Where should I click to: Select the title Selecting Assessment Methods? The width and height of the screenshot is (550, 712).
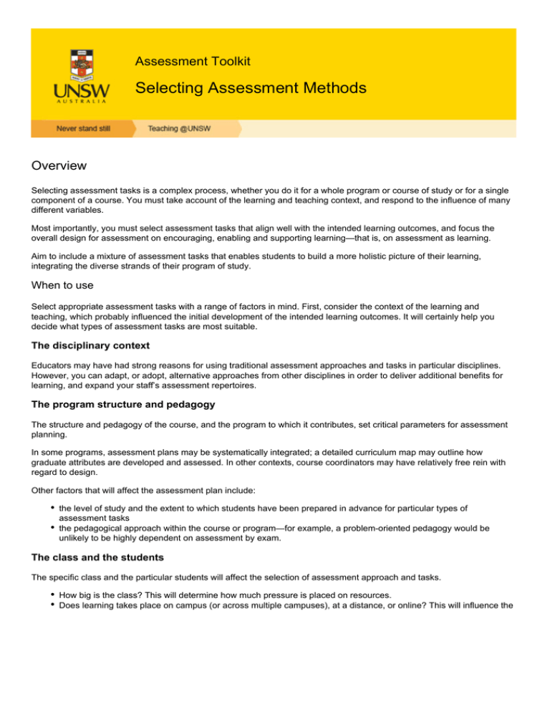251,88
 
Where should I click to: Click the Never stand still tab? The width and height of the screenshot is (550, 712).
79,129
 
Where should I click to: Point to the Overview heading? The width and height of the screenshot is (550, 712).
59,166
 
